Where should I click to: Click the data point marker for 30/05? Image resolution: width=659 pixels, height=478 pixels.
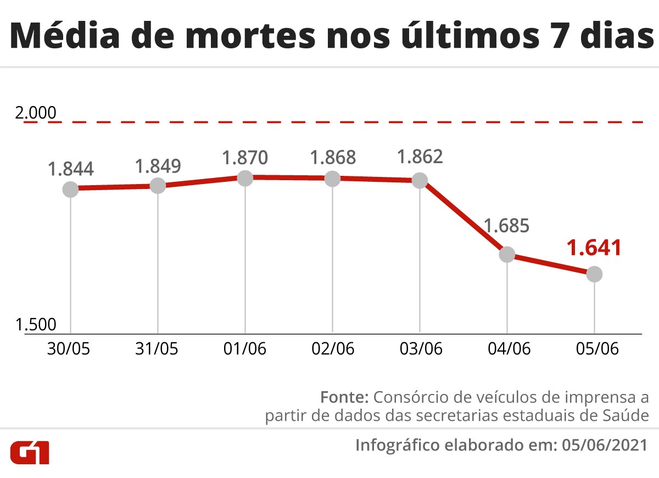(x=70, y=189)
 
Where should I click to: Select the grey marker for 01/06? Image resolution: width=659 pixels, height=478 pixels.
(x=245, y=177)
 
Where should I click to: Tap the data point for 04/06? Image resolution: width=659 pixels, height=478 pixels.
(x=507, y=254)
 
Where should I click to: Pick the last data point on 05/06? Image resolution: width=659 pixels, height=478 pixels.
(x=594, y=274)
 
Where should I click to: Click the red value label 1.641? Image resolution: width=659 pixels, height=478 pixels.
(x=594, y=247)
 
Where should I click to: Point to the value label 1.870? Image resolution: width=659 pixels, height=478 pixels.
(x=245, y=158)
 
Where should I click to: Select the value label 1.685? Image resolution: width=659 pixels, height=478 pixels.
(x=506, y=226)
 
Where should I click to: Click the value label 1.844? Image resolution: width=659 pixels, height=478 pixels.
(x=70, y=169)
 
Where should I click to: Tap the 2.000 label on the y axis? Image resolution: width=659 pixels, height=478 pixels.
(x=36, y=113)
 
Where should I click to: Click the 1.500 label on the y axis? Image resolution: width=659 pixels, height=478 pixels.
(x=36, y=325)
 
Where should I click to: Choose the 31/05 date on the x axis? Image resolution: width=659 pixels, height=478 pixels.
(x=158, y=349)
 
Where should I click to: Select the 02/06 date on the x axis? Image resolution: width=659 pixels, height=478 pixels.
(x=332, y=349)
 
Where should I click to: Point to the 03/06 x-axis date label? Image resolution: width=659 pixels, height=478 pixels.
(x=420, y=349)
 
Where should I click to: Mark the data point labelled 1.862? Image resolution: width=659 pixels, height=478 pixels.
(x=420, y=180)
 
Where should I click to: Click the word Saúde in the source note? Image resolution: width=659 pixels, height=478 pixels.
(x=623, y=416)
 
